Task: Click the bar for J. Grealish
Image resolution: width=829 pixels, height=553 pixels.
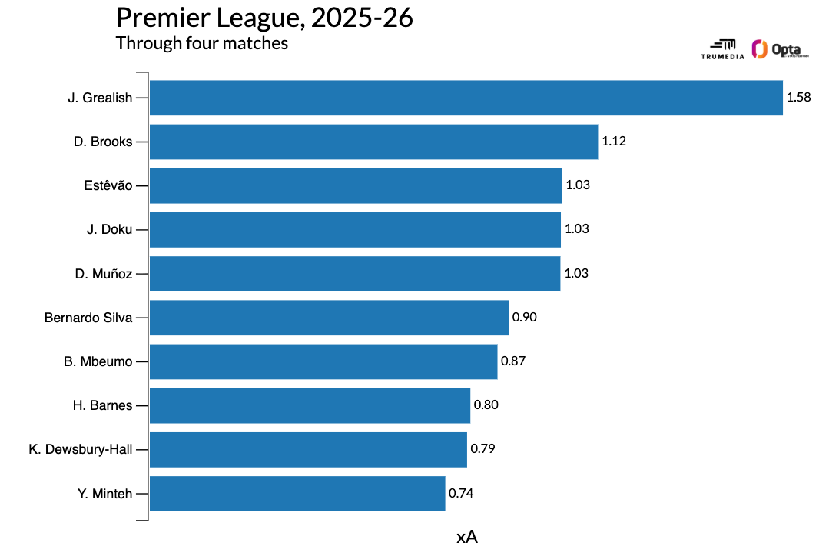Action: [x=466, y=98]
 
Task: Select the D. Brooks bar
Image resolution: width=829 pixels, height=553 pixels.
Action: [x=373, y=142]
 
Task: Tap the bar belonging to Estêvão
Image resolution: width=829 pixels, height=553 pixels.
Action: [x=355, y=185]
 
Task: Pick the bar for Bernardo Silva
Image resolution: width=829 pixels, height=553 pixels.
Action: [x=329, y=318]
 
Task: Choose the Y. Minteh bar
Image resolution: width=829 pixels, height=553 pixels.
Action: [x=297, y=494]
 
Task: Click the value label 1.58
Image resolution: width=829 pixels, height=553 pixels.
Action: [x=799, y=98]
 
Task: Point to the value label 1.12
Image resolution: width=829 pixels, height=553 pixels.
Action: [x=614, y=142]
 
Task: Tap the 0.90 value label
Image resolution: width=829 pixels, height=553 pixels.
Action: [x=524, y=318]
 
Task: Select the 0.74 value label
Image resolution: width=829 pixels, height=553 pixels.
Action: [x=461, y=494]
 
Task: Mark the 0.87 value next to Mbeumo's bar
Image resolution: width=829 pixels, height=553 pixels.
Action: [x=513, y=361]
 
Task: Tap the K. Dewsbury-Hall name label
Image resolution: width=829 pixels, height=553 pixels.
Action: [x=80, y=449]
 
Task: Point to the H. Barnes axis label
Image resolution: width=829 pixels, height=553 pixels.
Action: [x=102, y=405]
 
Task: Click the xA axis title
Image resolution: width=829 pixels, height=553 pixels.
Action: [x=467, y=537]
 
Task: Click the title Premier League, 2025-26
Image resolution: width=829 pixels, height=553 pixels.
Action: [x=264, y=18]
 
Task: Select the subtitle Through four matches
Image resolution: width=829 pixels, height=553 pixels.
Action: [x=202, y=43]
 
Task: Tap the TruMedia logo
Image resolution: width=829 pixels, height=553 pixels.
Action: [x=722, y=49]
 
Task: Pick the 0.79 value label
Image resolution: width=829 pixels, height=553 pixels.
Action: [x=482, y=449]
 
